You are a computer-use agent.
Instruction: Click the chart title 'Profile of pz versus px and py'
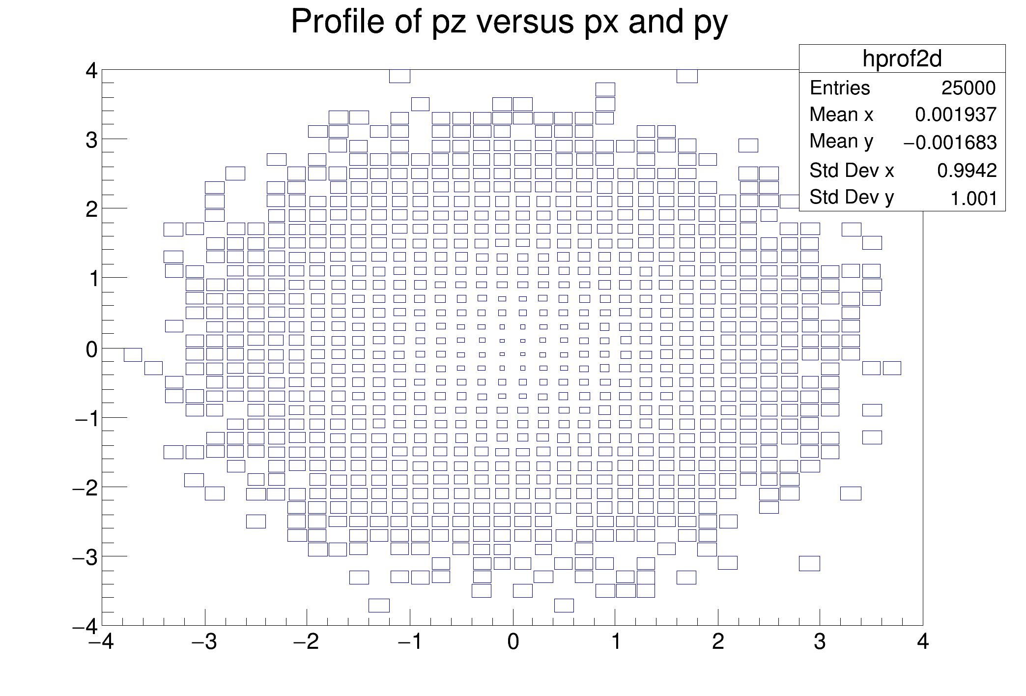pos(509,22)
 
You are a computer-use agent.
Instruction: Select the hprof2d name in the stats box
pos(902,59)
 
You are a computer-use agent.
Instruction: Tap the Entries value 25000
pos(968,88)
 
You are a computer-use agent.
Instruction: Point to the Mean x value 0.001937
pos(955,115)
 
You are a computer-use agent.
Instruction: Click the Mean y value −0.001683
pos(950,143)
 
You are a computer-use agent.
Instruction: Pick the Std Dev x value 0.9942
pos(967,171)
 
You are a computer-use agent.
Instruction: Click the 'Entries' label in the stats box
pos(840,88)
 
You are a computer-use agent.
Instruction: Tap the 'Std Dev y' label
pos(852,198)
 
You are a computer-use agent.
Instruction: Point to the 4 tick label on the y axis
pos(91,71)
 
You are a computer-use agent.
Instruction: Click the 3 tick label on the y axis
pos(91,141)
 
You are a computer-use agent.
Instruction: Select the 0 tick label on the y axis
pos(91,350)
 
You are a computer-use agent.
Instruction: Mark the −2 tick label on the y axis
pos(85,490)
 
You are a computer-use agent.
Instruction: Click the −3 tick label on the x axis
pos(205,642)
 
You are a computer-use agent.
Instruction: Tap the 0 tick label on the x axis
pos(513,642)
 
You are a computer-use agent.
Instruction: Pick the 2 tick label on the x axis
pos(718,642)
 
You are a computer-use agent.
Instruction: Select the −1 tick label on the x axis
pos(410,642)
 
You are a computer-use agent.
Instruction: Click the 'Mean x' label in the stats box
pos(841,115)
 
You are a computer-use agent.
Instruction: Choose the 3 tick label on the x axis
pos(820,642)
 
